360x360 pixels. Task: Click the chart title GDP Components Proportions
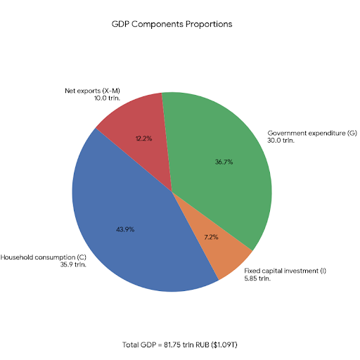click(172, 24)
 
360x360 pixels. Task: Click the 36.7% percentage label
click(224, 162)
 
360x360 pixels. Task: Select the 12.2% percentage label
click(144, 139)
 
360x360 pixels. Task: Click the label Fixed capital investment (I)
click(285, 271)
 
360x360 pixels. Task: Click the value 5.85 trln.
click(257, 278)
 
